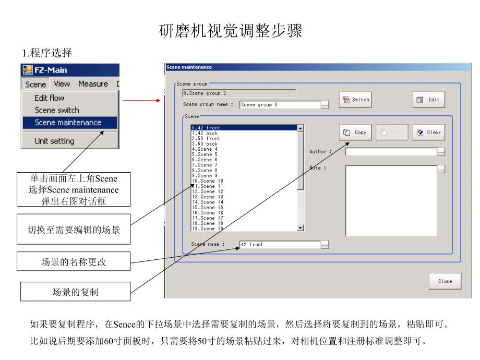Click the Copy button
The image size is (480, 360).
(355, 133)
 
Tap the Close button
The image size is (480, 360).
(445, 281)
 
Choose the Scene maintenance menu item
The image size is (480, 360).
(68, 123)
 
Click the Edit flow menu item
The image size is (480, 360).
(50, 98)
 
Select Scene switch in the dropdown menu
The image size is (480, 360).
(57, 111)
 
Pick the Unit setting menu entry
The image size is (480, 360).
(54, 141)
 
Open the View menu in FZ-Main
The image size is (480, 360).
(62, 84)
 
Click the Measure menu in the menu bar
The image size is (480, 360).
(93, 84)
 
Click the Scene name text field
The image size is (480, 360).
(279, 244)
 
